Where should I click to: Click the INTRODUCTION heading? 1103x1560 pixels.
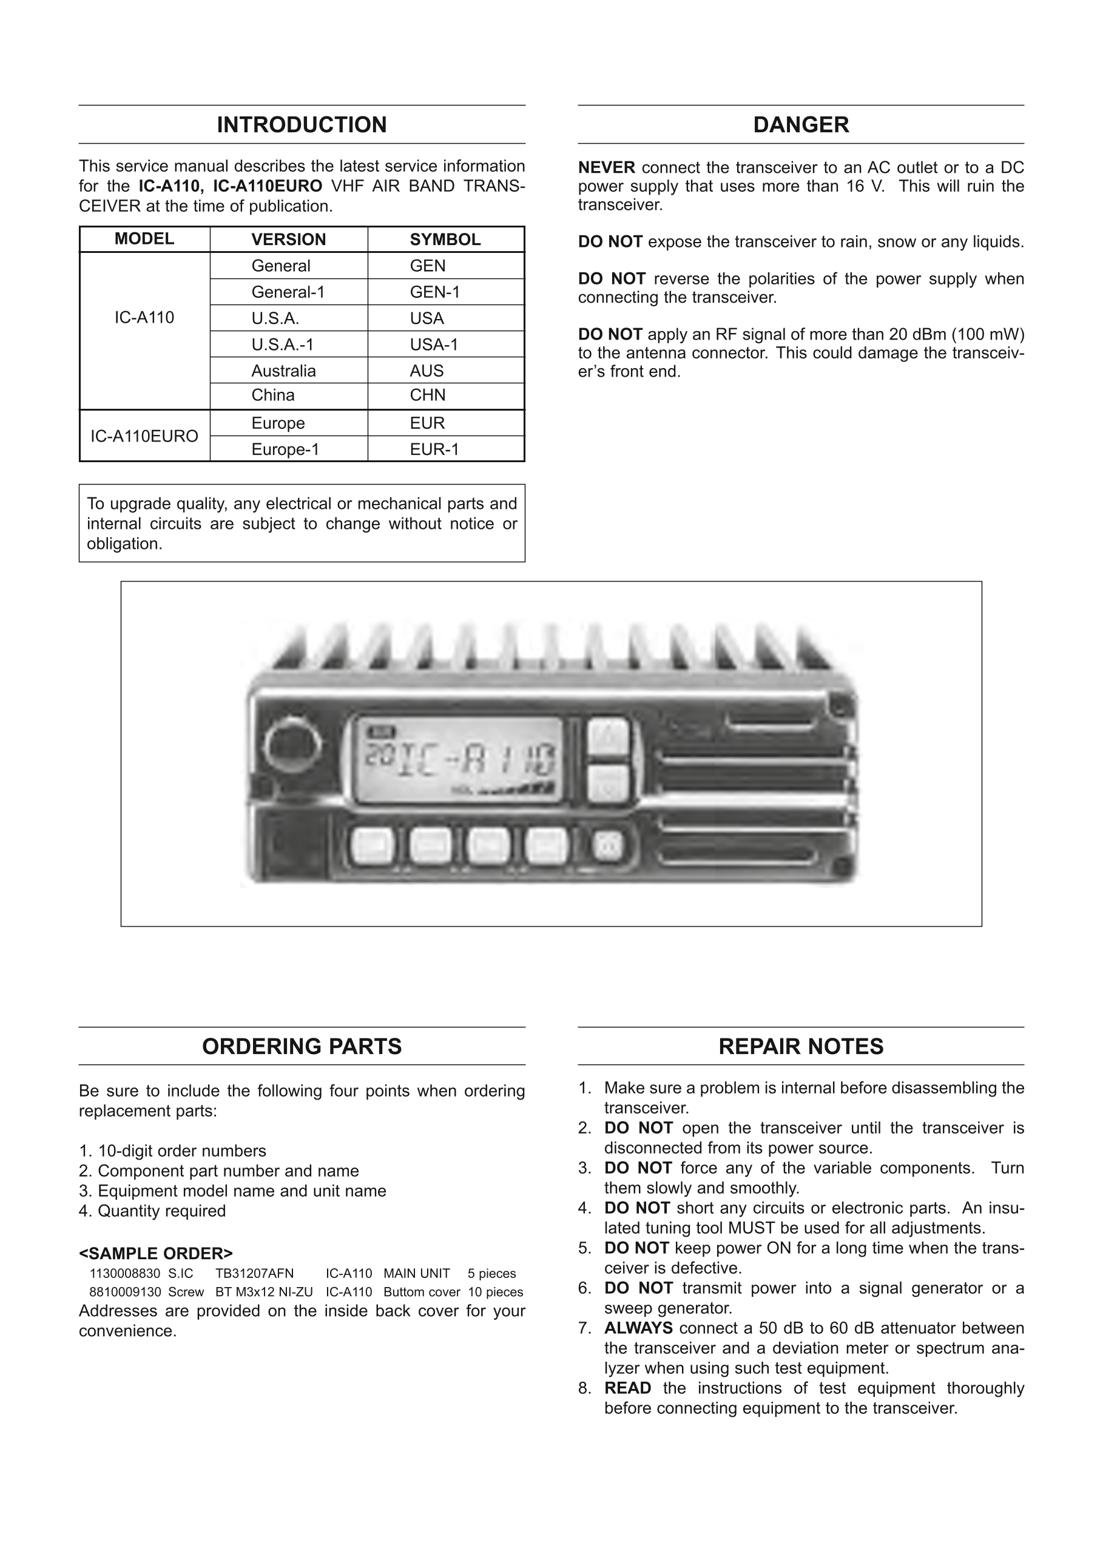tap(302, 125)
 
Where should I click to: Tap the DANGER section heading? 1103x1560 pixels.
tap(801, 125)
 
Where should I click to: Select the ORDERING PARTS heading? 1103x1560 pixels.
tap(302, 1046)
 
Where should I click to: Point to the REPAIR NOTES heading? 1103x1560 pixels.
tap(801, 1046)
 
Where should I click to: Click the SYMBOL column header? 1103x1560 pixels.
tap(445, 239)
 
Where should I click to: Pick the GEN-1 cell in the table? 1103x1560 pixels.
tap(435, 292)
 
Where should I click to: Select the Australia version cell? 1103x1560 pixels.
tap(283, 371)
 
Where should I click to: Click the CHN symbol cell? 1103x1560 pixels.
tap(428, 395)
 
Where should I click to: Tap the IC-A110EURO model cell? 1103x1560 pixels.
tap(144, 436)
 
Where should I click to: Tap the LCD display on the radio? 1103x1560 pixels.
tap(459, 759)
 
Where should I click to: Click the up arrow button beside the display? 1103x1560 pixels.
tap(607, 735)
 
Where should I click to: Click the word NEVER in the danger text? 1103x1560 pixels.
tap(606, 168)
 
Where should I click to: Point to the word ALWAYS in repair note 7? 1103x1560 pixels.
tap(638, 1328)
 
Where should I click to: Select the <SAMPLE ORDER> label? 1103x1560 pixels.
tap(156, 1254)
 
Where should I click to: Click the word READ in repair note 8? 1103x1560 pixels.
tap(627, 1388)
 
